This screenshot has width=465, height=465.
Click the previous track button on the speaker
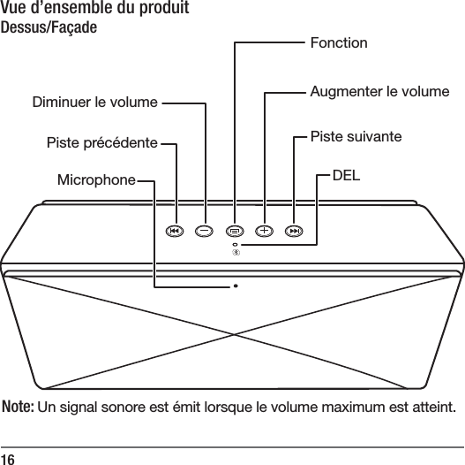(176, 232)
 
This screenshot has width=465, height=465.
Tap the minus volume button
(205, 232)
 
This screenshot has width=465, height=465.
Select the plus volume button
(265, 232)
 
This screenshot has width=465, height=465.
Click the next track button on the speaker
(295, 232)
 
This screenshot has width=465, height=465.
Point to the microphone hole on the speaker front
(236, 286)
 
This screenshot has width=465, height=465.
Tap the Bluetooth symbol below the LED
(236, 253)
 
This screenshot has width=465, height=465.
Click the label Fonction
(340, 42)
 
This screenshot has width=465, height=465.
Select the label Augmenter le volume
(380, 91)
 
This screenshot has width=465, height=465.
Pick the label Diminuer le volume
(94, 103)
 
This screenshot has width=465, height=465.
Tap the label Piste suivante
(356, 137)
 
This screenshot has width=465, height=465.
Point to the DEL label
(346, 175)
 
